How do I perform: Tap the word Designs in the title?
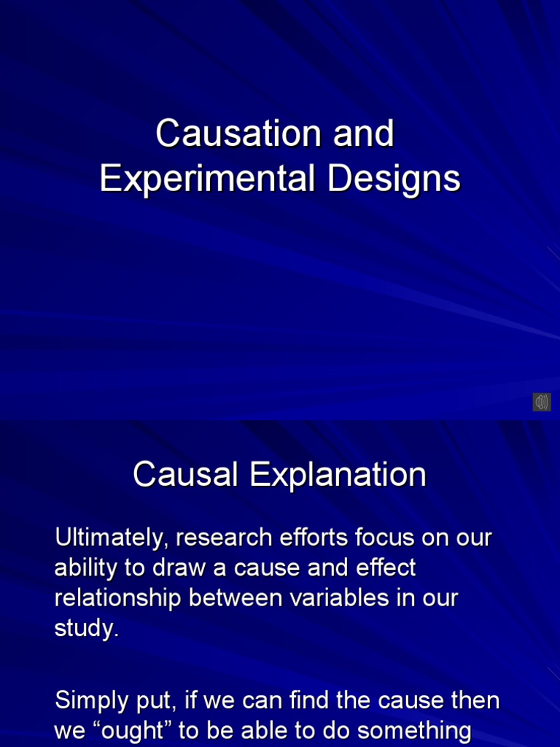[x=394, y=179]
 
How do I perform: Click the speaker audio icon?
[x=541, y=402]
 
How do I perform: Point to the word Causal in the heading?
[x=185, y=476]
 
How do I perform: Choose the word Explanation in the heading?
[x=338, y=476]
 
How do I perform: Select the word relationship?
[x=119, y=598]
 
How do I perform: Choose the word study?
[x=85, y=628]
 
